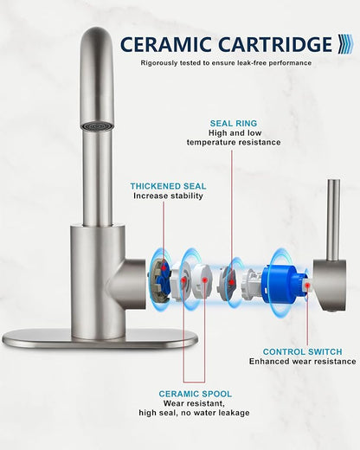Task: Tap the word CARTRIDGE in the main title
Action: point(275,45)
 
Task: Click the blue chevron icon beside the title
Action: point(345,44)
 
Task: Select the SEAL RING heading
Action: point(234,124)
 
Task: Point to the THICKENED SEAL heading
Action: point(168,186)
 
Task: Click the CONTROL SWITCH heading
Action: point(302,352)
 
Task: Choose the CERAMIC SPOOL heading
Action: point(196,394)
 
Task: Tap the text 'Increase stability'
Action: point(168,196)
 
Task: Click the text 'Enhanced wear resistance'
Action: point(303,362)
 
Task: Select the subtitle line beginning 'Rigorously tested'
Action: point(226,63)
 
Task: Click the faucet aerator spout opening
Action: point(96,125)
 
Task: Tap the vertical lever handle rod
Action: point(333,219)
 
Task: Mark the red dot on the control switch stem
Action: point(308,286)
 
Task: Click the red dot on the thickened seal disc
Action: point(164,268)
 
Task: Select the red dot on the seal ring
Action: point(231,282)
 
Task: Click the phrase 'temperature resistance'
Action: point(234,142)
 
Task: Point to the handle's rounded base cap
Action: point(330,285)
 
